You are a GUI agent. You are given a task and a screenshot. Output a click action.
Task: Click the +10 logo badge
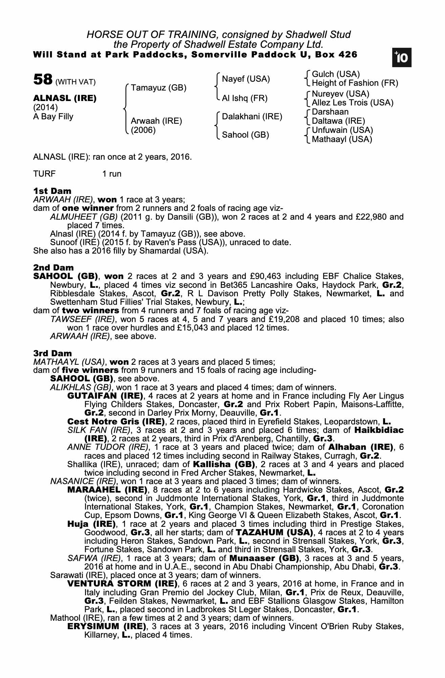pos(402,58)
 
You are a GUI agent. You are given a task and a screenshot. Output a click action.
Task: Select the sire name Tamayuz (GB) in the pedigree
pos(158,88)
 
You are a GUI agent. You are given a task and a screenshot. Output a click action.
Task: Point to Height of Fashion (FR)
pos(355,83)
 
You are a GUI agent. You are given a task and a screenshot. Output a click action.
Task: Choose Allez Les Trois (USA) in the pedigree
pos(353,102)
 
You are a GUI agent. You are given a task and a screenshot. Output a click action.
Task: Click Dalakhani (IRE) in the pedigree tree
pos(252,117)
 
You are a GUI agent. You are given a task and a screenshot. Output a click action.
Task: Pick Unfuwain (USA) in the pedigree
pos(342,130)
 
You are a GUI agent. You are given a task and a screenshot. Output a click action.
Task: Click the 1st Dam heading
pos(52,191)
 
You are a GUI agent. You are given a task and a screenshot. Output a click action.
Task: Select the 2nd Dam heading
pos(53,268)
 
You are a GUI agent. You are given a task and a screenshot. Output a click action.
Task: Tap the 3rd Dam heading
pos(52,354)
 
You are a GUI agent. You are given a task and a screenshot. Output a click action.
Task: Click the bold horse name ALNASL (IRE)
pos(65,98)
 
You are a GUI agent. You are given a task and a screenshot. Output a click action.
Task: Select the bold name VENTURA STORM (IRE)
pos(122,584)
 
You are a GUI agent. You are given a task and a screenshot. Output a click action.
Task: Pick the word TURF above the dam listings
pos(44,174)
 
